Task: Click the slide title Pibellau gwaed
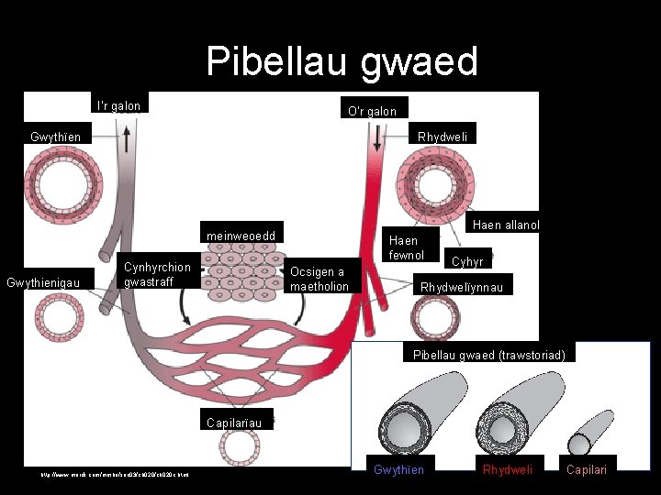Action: (x=342, y=62)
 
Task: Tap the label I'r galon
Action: (x=119, y=105)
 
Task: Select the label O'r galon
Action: (x=373, y=111)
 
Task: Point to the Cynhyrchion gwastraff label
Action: (x=157, y=274)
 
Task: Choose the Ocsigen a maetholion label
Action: (x=319, y=279)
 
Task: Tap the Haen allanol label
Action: (x=505, y=225)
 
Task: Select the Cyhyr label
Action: (x=468, y=261)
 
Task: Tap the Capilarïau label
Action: (x=235, y=423)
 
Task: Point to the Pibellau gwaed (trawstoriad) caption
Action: (x=488, y=355)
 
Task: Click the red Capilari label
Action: (x=586, y=470)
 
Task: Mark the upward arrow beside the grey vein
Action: (x=126, y=140)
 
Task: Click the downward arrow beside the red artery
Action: (x=377, y=137)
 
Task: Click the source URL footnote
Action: (x=116, y=474)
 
